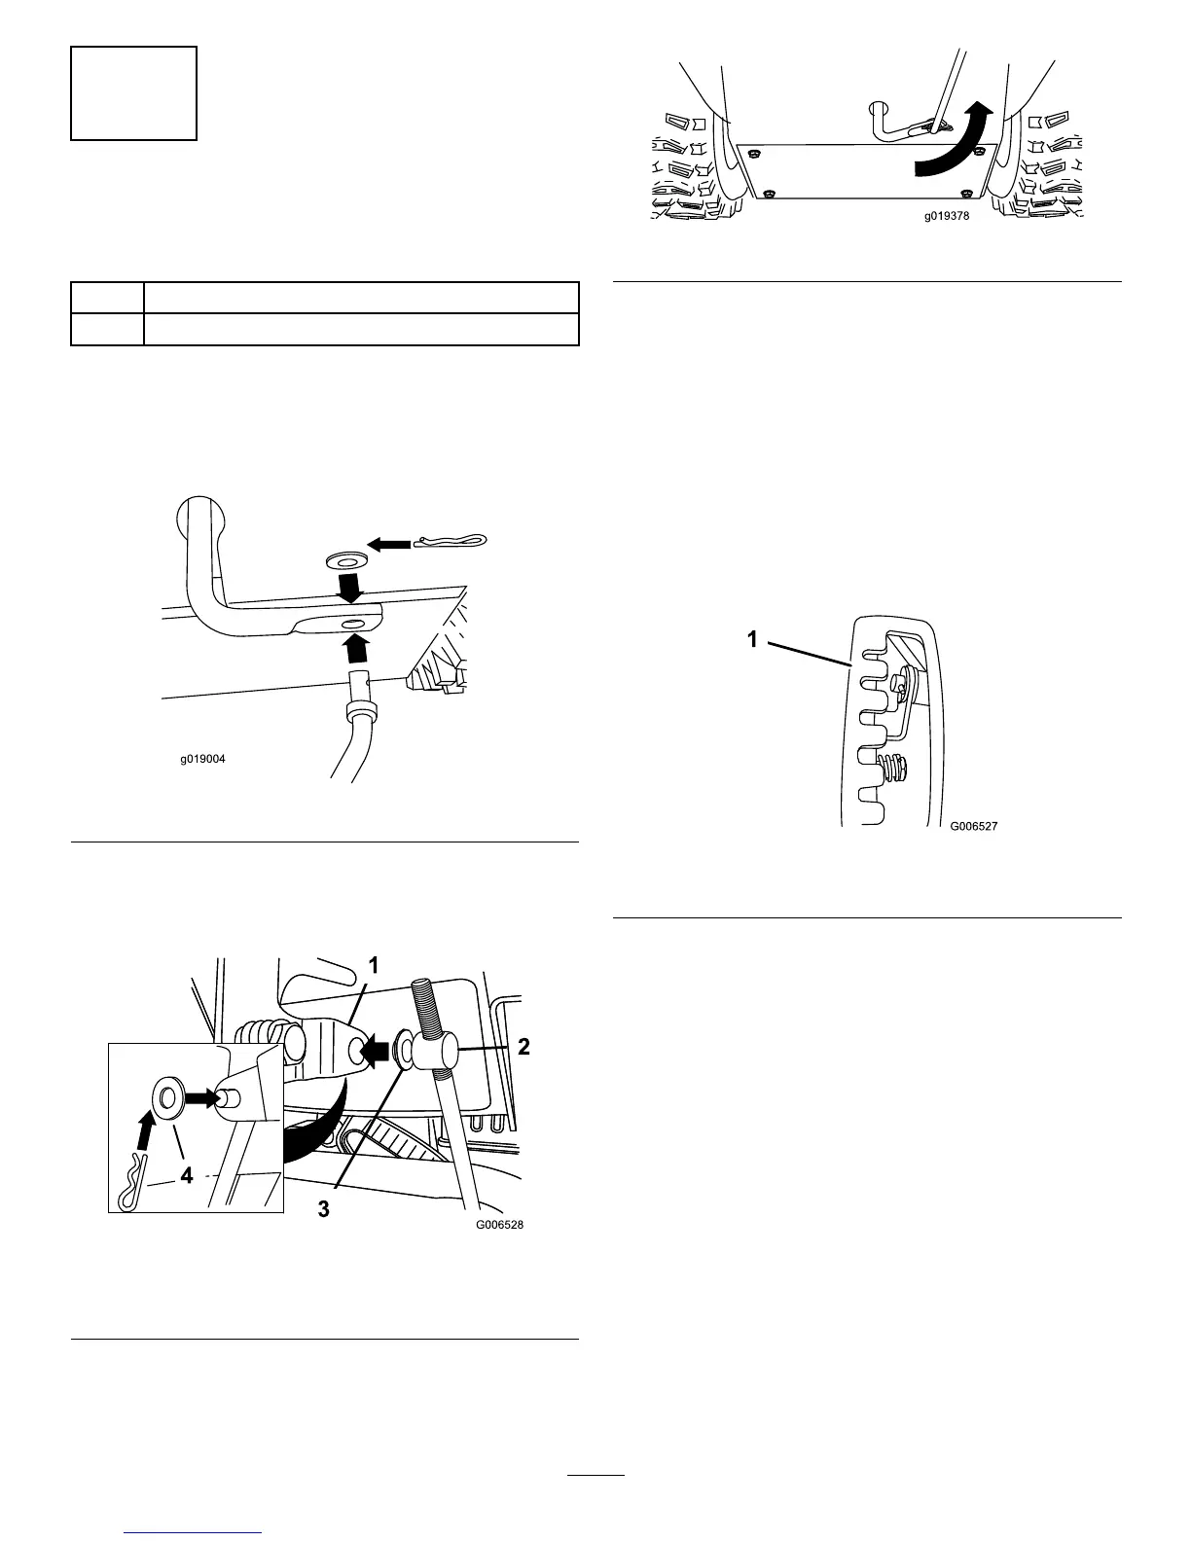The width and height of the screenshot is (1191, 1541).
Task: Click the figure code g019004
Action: (x=202, y=759)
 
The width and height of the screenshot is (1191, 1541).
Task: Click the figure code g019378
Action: (x=947, y=217)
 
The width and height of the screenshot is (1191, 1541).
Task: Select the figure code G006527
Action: (x=974, y=826)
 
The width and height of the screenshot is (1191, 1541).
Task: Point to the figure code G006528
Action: (x=499, y=1225)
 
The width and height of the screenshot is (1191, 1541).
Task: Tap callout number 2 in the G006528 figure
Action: (x=523, y=1047)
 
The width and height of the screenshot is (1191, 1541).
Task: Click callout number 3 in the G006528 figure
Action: (x=324, y=1210)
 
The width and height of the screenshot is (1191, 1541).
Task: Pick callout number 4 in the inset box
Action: (x=186, y=1174)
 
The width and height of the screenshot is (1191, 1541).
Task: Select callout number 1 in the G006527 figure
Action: (x=751, y=638)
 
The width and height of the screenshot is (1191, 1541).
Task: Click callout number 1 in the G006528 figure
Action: (x=373, y=964)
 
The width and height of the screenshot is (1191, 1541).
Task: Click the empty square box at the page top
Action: (x=134, y=93)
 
